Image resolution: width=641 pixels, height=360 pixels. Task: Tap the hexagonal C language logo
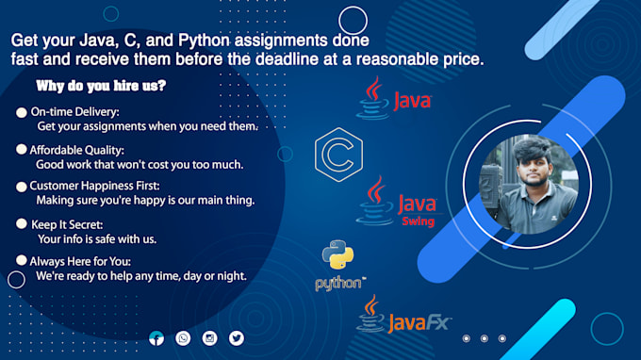(x=334, y=153)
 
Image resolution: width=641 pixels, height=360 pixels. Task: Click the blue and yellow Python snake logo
(x=337, y=257)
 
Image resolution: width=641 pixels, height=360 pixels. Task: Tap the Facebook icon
(x=156, y=338)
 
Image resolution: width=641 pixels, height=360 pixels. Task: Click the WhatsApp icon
(x=183, y=338)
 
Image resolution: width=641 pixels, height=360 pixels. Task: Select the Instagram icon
(x=209, y=338)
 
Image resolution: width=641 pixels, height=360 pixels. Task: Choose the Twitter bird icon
(x=236, y=338)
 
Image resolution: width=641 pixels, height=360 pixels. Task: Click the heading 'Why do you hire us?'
(x=102, y=87)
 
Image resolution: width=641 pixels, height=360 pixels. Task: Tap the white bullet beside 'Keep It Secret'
(x=22, y=224)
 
